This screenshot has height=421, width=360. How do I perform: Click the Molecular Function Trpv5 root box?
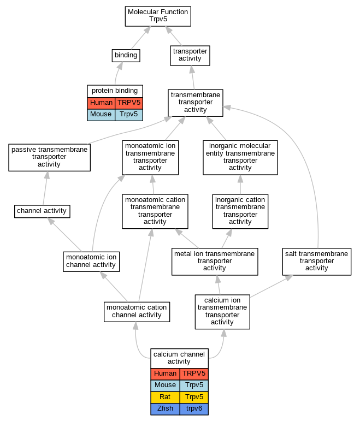click(158, 16)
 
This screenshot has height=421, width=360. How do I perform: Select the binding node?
click(126, 56)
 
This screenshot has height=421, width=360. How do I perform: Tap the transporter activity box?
click(190, 56)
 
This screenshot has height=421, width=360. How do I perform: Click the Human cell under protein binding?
click(101, 103)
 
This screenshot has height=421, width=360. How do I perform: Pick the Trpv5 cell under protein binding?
click(129, 115)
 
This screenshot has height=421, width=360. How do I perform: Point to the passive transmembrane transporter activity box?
click(49, 157)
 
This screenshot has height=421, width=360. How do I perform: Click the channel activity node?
click(42, 211)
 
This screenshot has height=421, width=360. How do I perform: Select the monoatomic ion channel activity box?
click(91, 262)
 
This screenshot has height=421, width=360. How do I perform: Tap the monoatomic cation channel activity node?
click(137, 312)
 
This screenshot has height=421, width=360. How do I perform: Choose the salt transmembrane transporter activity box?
click(317, 262)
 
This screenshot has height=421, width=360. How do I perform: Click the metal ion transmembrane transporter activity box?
click(215, 262)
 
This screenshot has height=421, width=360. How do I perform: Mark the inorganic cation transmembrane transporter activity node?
click(240, 211)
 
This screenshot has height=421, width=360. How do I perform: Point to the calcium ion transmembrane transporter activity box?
click(222, 312)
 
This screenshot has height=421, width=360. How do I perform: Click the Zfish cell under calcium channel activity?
click(165, 409)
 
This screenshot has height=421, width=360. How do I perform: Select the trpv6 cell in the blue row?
click(194, 409)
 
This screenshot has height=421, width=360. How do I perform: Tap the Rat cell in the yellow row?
click(165, 398)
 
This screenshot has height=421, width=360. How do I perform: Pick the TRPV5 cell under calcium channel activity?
click(194, 374)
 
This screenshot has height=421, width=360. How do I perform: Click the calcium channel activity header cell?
click(180, 358)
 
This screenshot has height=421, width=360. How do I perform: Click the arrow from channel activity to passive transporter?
click(45, 188)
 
